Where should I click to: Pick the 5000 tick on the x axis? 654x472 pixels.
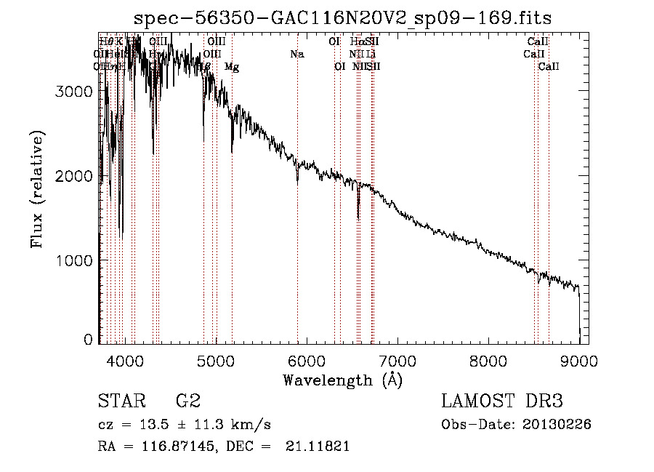(216, 359)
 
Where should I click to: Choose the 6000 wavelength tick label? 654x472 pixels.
(307, 359)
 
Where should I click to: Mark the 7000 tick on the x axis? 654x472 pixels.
(397, 359)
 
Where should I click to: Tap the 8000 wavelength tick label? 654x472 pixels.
(488, 359)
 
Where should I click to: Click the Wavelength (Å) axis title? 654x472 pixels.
(342, 379)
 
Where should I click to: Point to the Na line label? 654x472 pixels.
(296, 54)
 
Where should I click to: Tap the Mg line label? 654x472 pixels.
(232, 67)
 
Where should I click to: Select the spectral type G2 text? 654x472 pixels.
(187, 401)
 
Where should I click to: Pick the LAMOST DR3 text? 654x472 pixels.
(502, 401)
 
